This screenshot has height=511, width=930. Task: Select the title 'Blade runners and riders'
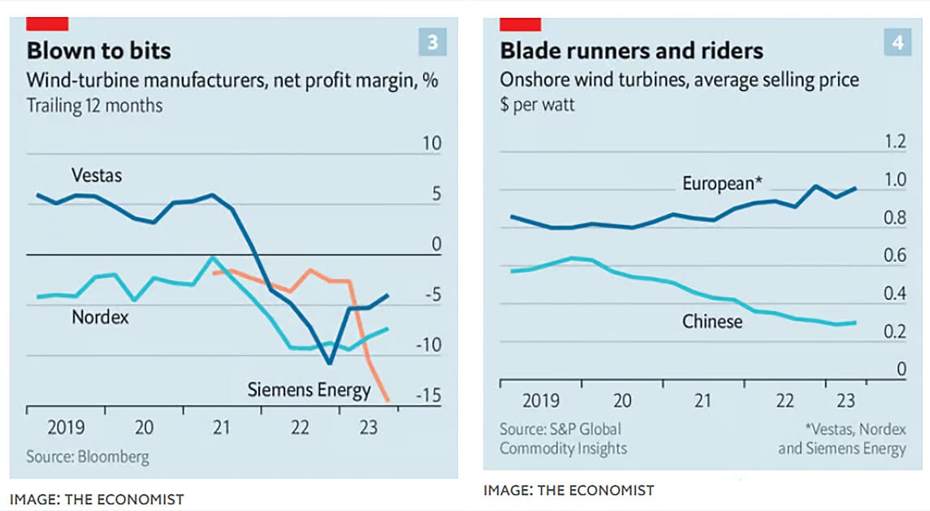pyautogui.click(x=631, y=51)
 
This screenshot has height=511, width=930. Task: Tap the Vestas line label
pyautogui.click(x=97, y=175)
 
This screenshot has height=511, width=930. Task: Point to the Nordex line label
pyautogui.click(x=101, y=317)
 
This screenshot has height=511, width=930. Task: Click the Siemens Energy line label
pyautogui.click(x=309, y=390)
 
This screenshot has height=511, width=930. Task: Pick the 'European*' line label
pyautogui.click(x=722, y=184)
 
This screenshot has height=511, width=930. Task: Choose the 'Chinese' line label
pyautogui.click(x=712, y=322)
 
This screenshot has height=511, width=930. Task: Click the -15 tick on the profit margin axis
pyautogui.click(x=428, y=396)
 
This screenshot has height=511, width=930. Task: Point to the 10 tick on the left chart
pyautogui.click(x=431, y=145)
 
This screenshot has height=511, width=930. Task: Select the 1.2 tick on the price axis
pyautogui.click(x=894, y=142)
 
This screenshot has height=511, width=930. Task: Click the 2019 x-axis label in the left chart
pyautogui.click(x=67, y=427)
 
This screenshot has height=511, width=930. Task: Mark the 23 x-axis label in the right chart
pyautogui.click(x=845, y=401)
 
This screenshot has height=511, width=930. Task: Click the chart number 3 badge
pyautogui.click(x=433, y=42)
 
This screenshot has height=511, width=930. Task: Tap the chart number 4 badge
pyautogui.click(x=898, y=42)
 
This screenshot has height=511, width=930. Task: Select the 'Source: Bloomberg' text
pyautogui.click(x=88, y=457)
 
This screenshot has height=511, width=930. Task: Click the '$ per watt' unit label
pyautogui.click(x=538, y=106)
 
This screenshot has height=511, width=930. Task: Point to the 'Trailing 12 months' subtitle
pyautogui.click(x=94, y=106)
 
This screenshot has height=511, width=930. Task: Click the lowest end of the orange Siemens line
pyautogui.click(x=387, y=400)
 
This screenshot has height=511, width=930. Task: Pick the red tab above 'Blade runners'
pyautogui.click(x=520, y=24)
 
